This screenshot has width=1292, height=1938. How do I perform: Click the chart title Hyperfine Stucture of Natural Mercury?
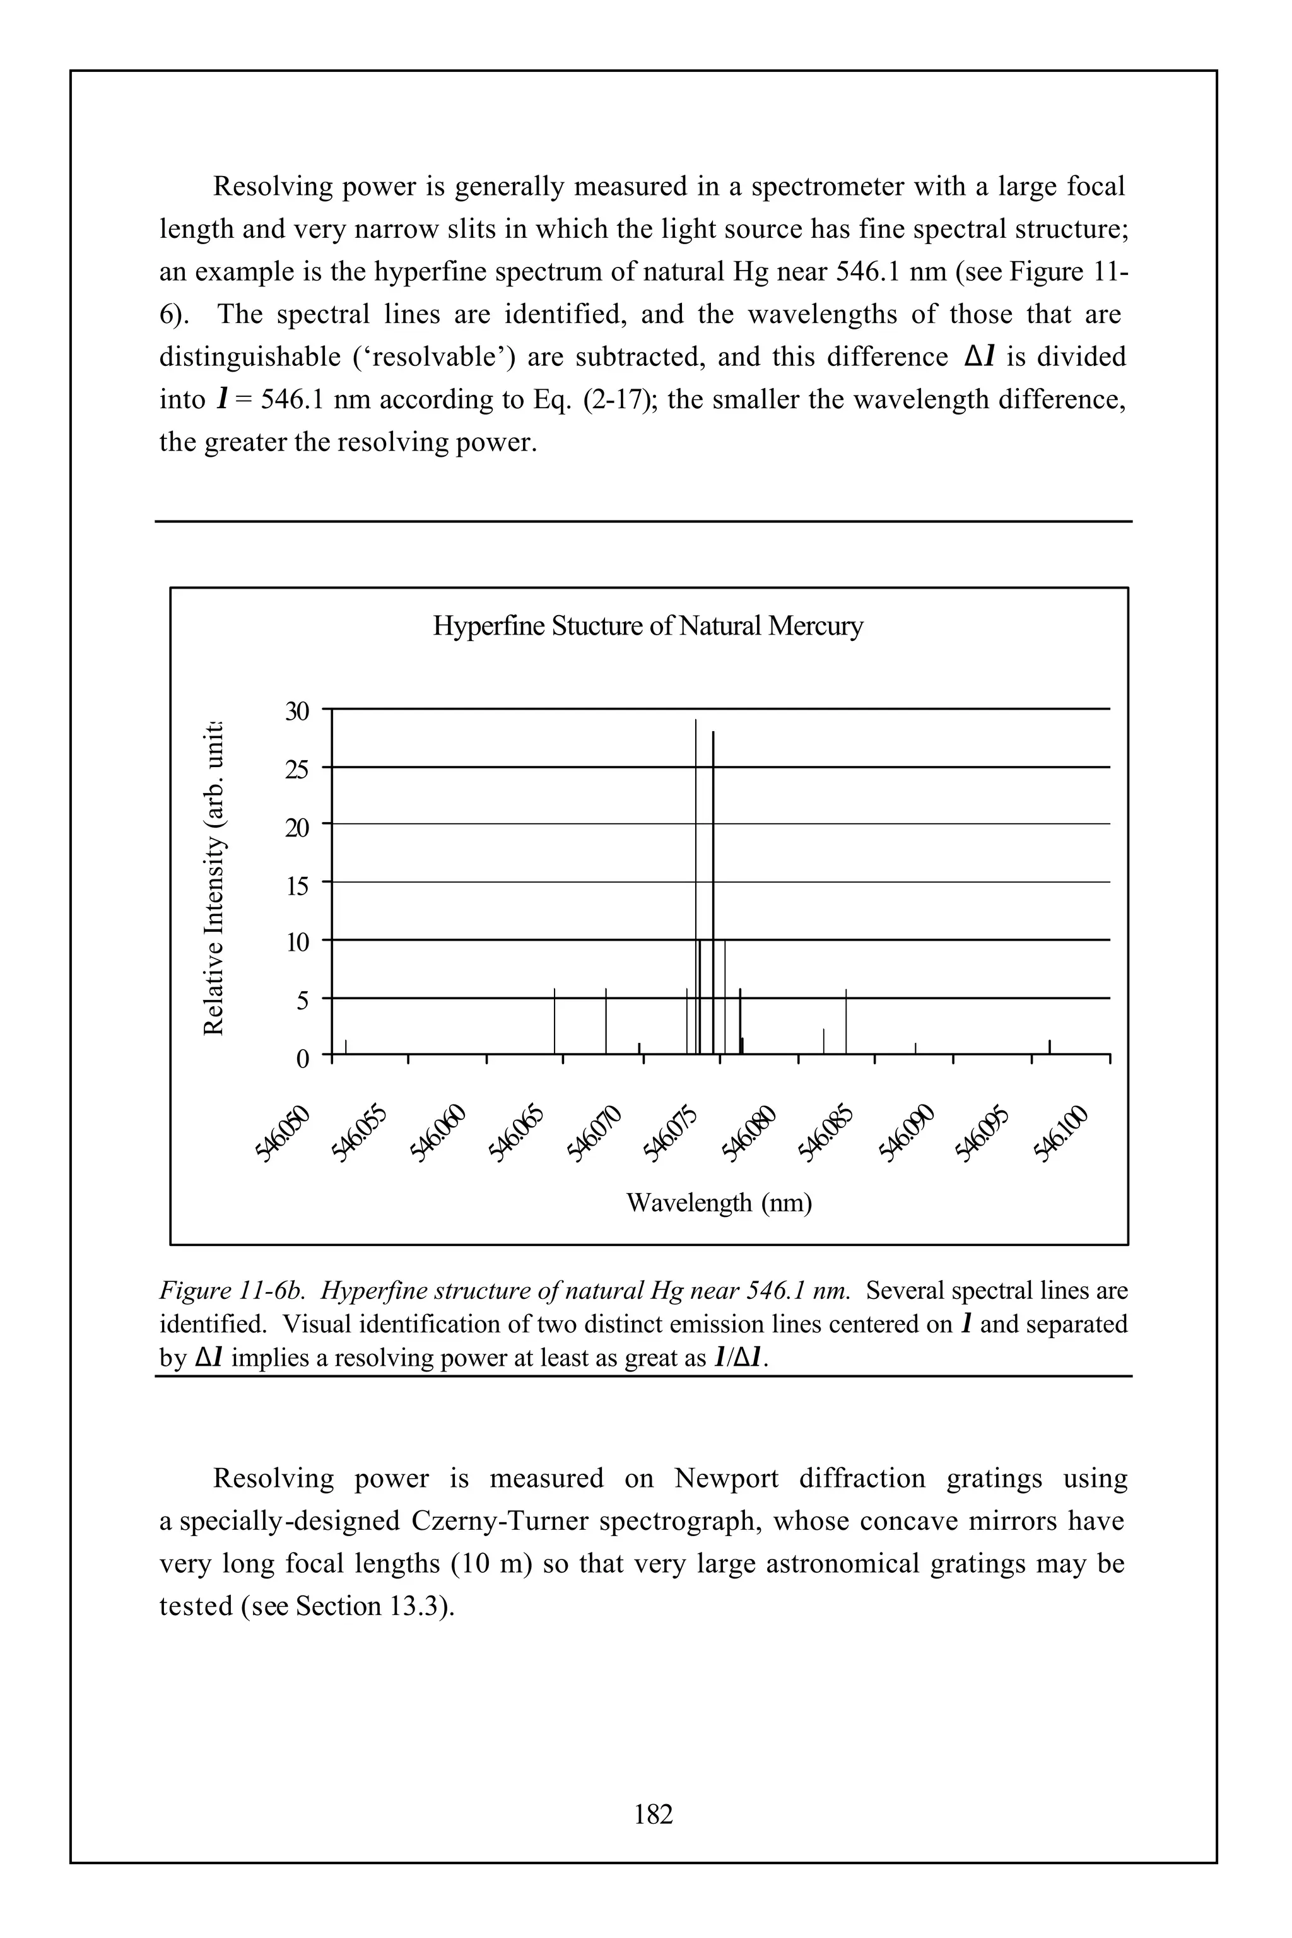[x=648, y=626]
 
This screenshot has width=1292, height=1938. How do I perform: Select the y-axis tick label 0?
[x=302, y=1058]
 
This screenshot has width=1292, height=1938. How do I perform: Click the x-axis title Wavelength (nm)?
[x=719, y=1203]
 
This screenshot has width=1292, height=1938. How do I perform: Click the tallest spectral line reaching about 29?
[x=695, y=824]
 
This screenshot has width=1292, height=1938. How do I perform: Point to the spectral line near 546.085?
[x=846, y=1022]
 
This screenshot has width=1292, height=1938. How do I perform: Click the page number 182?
[x=654, y=1814]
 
